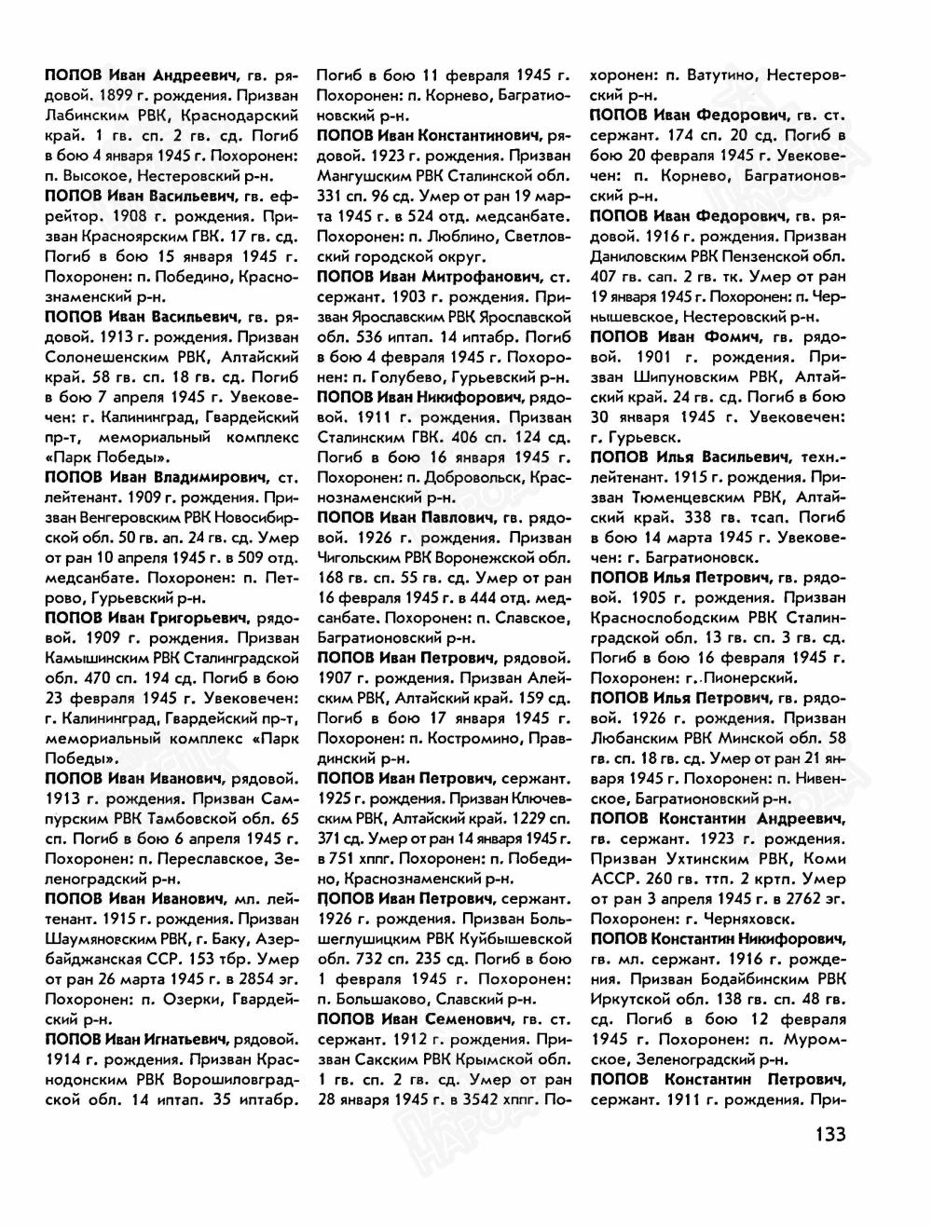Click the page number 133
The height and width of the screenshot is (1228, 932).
823,1135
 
